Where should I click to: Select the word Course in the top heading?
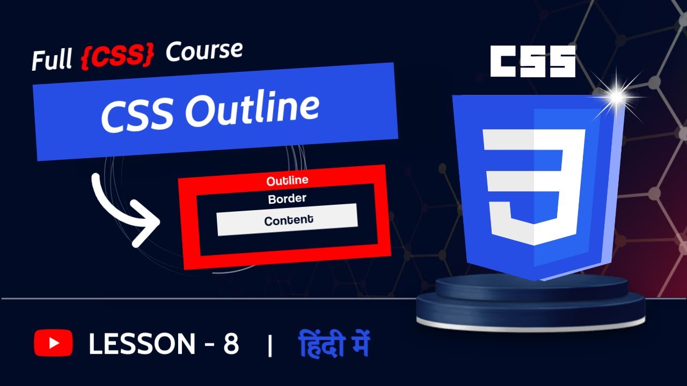204,51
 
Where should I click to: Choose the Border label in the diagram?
287,199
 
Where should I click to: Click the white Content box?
287,219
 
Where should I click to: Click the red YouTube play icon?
53,343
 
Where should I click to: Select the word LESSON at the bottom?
142,344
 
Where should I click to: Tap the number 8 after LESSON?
231,344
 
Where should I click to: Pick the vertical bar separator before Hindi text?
269,346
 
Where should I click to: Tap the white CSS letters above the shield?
533,61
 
